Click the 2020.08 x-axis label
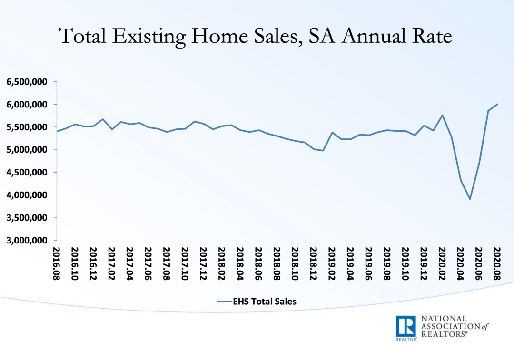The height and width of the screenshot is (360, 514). pos(497,263)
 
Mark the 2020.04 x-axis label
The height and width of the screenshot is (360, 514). pos(461,263)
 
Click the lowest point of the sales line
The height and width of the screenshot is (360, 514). pos(470,199)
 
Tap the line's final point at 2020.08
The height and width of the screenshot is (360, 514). pos(497,104)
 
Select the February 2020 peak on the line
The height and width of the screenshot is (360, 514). pos(442,115)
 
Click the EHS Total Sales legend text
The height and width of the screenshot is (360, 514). pos(264,301)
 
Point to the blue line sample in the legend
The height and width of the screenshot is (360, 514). pos(223,301)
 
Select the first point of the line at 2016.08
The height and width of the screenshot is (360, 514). pos(57,131)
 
